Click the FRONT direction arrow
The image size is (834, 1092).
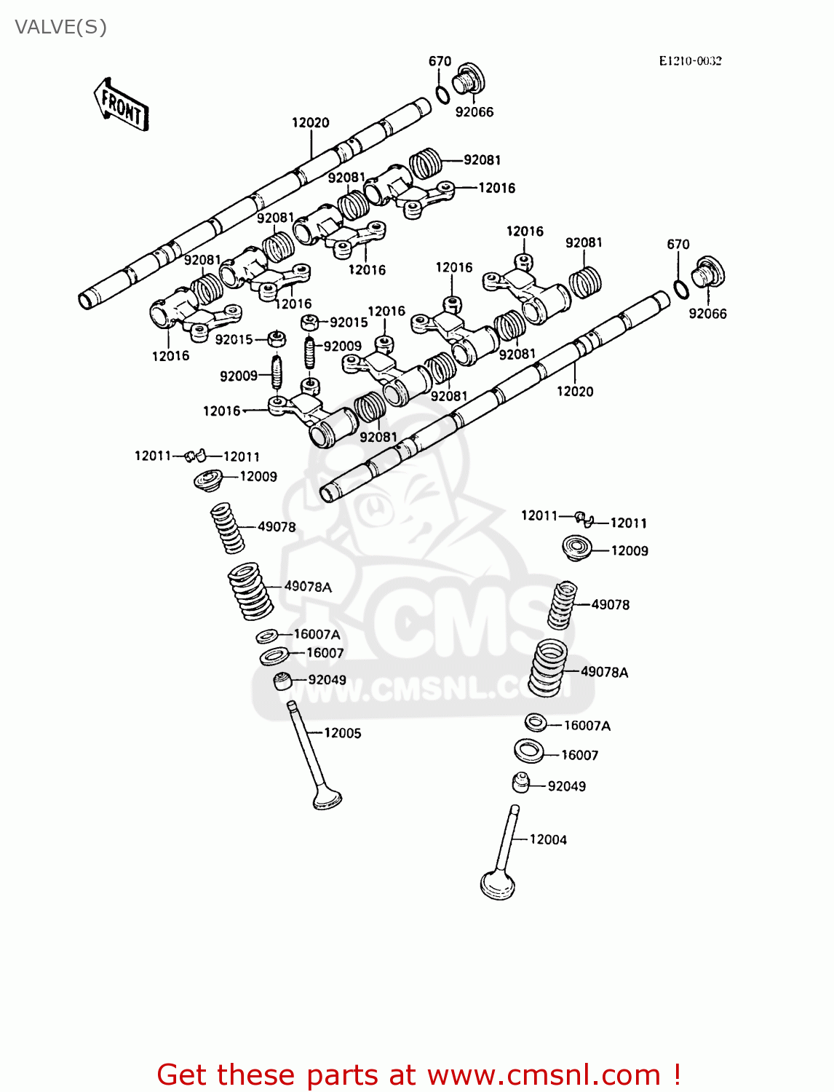(122, 105)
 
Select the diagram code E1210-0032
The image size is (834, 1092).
(690, 61)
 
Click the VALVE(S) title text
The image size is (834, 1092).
(61, 27)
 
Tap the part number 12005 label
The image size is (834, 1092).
(342, 733)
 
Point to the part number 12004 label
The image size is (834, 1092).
(548, 839)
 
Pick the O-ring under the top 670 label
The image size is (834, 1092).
(442, 95)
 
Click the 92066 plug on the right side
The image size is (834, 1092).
(708, 274)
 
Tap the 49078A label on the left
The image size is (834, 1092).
(308, 587)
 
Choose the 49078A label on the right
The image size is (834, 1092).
(604, 672)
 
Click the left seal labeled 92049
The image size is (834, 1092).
(282, 681)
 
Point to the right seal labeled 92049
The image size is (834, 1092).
(520, 783)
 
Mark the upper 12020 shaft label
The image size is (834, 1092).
(311, 123)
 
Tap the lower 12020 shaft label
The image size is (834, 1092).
(575, 392)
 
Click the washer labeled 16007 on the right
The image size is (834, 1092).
(529, 751)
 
